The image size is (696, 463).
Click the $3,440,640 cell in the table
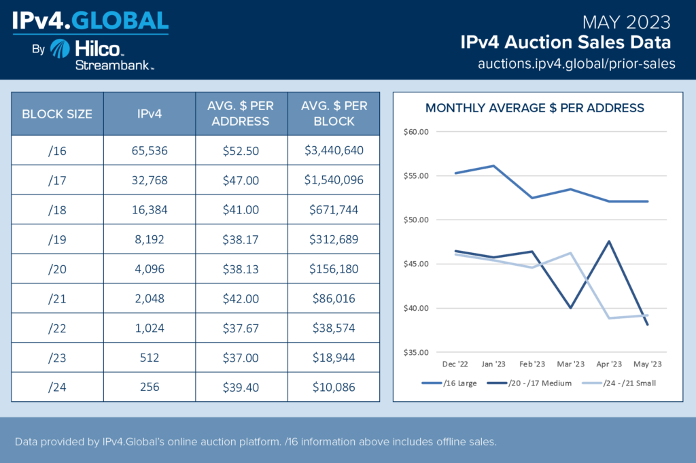[x=333, y=151]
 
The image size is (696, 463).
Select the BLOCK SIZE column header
[x=57, y=114]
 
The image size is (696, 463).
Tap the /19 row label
[x=57, y=239]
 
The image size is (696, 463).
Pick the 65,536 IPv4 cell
[x=150, y=151]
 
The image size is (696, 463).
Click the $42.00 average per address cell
[x=241, y=298]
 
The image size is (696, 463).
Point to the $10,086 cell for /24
[x=333, y=387]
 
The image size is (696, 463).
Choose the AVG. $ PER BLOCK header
[x=333, y=114]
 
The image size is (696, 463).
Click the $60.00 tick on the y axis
[x=415, y=132]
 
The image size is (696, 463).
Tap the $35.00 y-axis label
[x=415, y=353]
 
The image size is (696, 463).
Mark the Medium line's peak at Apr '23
[x=609, y=241]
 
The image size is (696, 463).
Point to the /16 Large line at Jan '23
[x=493, y=166]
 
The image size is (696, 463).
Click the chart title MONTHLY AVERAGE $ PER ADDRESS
[x=535, y=108]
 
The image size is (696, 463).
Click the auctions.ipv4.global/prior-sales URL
[x=577, y=64]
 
